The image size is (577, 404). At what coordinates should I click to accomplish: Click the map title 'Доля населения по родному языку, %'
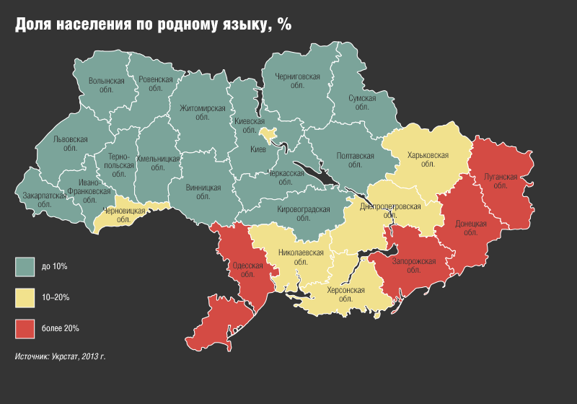click(154, 25)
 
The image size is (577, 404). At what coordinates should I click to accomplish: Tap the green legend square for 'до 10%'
click(25, 267)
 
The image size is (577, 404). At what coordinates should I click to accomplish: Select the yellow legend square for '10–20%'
click(25, 297)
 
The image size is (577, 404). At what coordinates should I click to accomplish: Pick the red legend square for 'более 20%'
click(25, 328)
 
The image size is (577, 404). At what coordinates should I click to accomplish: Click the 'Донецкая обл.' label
click(471, 228)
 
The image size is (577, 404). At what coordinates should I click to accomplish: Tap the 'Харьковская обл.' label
click(428, 159)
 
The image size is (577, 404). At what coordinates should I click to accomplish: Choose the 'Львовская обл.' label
click(70, 143)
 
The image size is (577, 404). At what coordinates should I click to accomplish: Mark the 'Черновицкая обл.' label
click(125, 215)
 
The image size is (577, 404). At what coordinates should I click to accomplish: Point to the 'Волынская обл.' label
click(106, 86)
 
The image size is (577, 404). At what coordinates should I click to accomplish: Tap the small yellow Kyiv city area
click(269, 134)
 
